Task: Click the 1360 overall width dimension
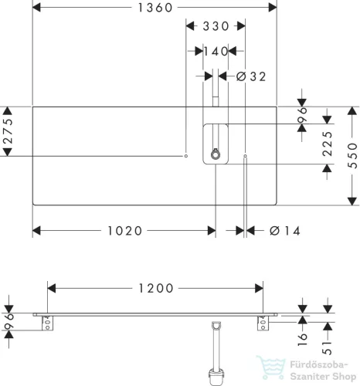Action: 155,8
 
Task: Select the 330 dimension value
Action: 216,26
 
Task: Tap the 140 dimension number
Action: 216,51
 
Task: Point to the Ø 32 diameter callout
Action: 251,76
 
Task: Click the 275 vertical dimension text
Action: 8,130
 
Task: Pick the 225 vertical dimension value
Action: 328,144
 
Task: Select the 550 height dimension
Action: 352,156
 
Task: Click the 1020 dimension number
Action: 124,231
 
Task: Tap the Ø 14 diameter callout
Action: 285,231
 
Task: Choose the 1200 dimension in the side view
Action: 156,288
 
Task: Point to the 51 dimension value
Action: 328,348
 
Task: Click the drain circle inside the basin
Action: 216,155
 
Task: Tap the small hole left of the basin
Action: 186,156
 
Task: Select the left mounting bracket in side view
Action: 48,323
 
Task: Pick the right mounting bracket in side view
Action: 263,323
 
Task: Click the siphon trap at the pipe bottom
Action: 216,377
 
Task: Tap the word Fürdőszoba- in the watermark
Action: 319,365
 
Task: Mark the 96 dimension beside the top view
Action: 302,115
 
